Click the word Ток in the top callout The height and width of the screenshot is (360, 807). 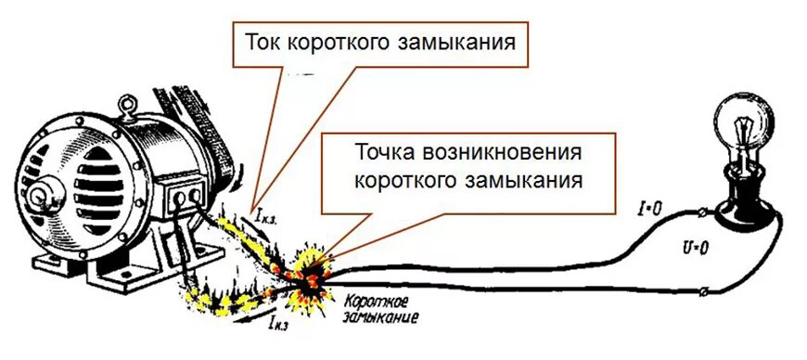point(264,43)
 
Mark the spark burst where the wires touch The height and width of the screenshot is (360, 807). point(310,270)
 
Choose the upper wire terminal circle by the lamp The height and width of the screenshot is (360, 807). point(707,212)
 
